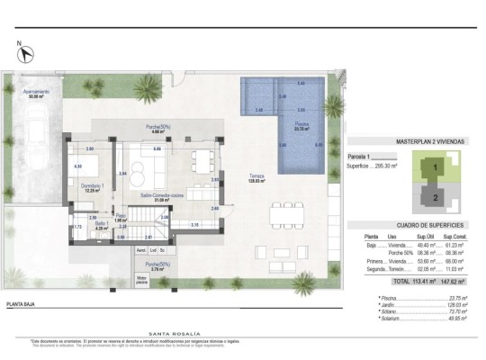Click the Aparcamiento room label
[x=36, y=94]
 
